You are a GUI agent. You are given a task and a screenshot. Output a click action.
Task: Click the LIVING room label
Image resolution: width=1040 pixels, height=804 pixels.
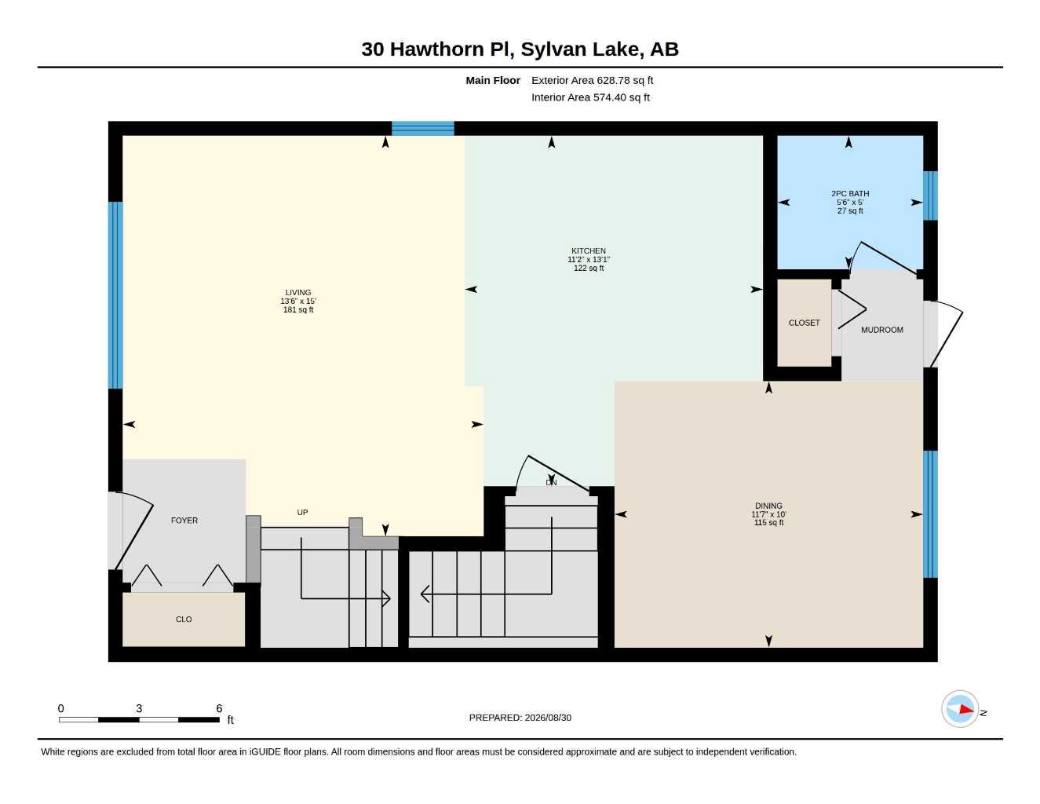click(x=297, y=292)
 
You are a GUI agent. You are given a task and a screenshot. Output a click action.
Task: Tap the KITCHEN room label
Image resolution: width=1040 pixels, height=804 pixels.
click(x=588, y=250)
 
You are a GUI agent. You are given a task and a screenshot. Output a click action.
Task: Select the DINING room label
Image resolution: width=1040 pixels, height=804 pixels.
click(x=768, y=506)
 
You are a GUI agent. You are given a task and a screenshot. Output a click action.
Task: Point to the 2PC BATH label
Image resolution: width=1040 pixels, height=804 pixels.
click(x=849, y=194)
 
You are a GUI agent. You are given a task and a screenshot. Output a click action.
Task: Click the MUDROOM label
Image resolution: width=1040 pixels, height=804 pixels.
click(x=881, y=330)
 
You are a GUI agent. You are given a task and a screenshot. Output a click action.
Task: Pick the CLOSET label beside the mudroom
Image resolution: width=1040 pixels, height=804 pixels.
click(x=804, y=323)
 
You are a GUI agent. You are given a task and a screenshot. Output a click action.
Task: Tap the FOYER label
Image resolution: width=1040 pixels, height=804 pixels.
click(x=184, y=521)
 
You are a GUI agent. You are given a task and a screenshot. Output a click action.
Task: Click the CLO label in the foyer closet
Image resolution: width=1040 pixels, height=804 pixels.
click(x=184, y=619)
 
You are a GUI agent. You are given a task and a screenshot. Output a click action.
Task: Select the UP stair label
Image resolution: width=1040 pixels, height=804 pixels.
click(x=302, y=512)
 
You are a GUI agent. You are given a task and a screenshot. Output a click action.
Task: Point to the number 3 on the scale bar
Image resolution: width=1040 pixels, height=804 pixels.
click(x=139, y=708)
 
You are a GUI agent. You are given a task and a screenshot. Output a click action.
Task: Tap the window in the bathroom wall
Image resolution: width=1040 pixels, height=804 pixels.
click(x=930, y=196)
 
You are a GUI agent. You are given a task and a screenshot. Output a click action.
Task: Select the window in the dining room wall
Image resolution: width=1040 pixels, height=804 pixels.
click(x=930, y=514)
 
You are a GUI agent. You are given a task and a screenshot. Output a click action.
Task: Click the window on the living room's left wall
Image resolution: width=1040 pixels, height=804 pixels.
click(x=115, y=295)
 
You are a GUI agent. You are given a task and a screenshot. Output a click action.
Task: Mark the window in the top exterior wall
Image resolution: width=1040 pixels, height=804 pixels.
click(x=422, y=129)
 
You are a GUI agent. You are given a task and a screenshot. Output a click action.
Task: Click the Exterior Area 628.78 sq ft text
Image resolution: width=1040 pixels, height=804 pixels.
click(x=592, y=80)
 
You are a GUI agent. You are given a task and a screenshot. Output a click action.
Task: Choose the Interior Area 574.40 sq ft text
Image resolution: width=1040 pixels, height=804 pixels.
click(x=590, y=97)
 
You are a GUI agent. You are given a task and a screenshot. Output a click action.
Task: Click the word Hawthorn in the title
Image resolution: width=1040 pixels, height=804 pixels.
click(x=437, y=49)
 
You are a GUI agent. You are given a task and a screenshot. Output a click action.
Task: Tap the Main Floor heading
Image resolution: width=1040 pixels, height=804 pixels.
click(x=492, y=80)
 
